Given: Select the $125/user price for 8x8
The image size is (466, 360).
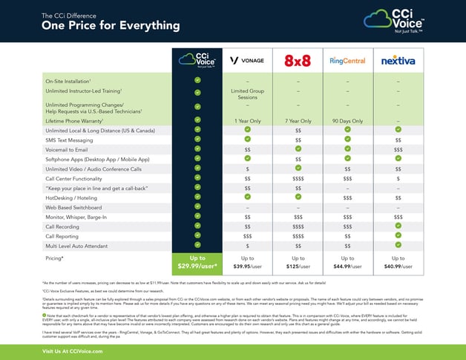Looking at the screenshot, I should [296, 266].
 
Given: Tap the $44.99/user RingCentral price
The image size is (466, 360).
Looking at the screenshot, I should [347, 266].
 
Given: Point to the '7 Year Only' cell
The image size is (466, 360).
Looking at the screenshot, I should [296, 120].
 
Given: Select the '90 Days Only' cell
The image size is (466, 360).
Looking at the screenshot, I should [347, 120].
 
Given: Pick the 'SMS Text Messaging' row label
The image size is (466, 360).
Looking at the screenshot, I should [69, 140].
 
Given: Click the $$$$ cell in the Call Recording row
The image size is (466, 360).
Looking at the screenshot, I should [296, 226].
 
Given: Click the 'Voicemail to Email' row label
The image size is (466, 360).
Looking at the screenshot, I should [68, 149].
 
